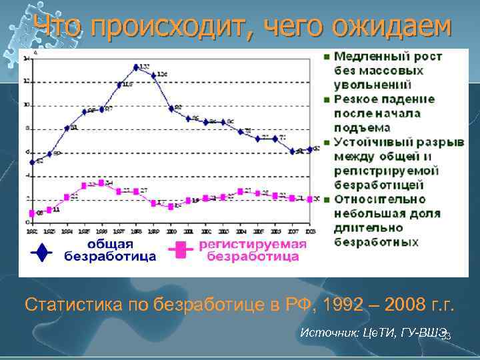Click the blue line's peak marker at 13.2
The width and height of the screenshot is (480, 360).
136,67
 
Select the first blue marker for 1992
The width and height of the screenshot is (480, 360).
31,161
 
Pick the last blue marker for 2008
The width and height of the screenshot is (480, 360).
309,149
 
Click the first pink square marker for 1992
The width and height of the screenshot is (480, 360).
31,213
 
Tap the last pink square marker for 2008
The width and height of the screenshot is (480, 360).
309,199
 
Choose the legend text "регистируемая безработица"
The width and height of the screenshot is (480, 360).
252,250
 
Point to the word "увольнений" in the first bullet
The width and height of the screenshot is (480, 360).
373,85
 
